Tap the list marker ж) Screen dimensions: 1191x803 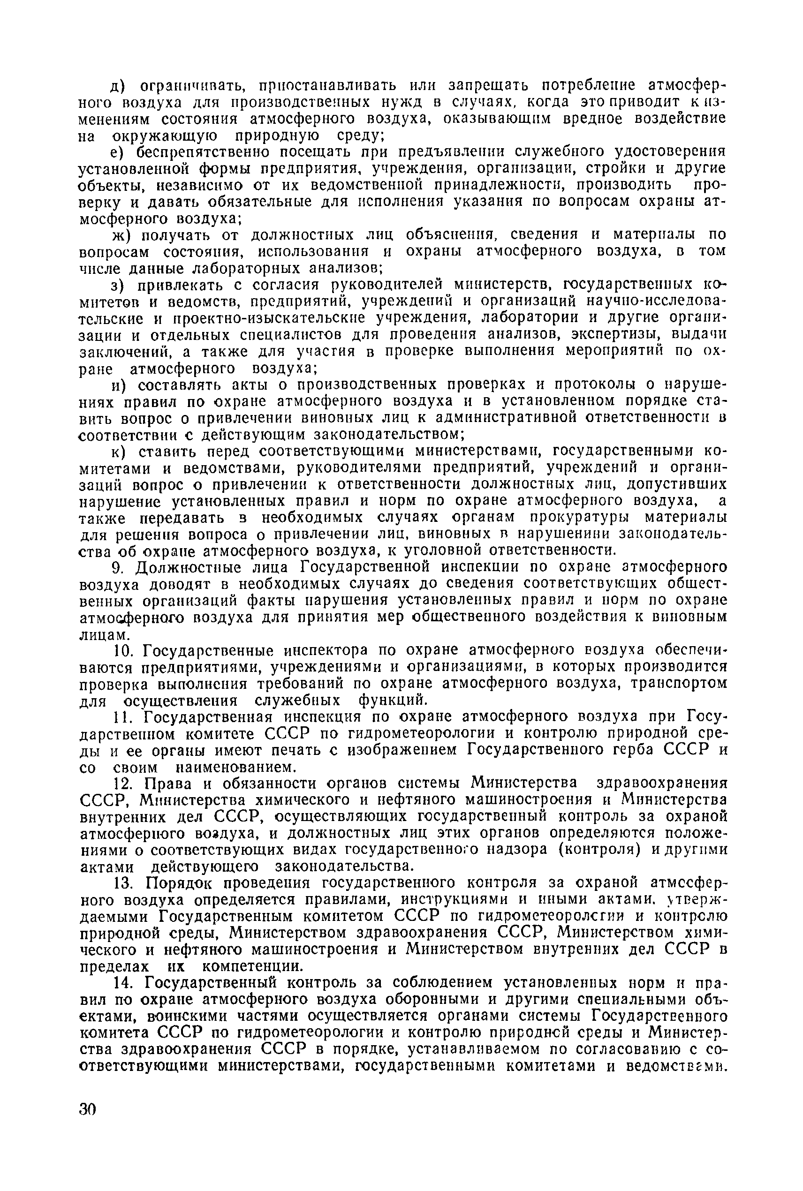pyautogui.click(x=122, y=235)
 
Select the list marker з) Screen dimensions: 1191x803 pyautogui.click(x=120, y=285)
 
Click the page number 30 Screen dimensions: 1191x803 pyautogui.click(x=88, y=1109)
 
